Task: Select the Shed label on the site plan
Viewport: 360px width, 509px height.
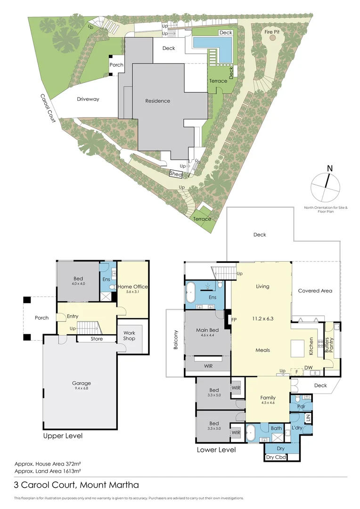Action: pyautogui.click(x=177, y=173)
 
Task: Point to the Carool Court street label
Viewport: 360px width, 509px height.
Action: pyautogui.click(x=48, y=108)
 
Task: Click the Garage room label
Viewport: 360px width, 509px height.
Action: pyautogui.click(x=81, y=383)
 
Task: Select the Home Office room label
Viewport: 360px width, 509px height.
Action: pyautogui.click(x=133, y=287)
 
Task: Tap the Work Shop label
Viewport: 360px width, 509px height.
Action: pyautogui.click(x=129, y=336)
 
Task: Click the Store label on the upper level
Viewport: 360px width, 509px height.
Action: pyautogui.click(x=97, y=339)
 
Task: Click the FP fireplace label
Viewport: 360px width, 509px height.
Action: pyautogui.click(x=234, y=319)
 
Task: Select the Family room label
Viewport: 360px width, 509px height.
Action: pyautogui.click(x=268, y=398)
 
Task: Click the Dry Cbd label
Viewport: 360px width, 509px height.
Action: pyautogui.click(x=276, y=457)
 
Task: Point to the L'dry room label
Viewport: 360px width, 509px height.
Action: pyautogui.click(x=297, y=427)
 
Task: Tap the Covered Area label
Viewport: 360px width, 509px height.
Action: pyautogui.click(x=315, y=291)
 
